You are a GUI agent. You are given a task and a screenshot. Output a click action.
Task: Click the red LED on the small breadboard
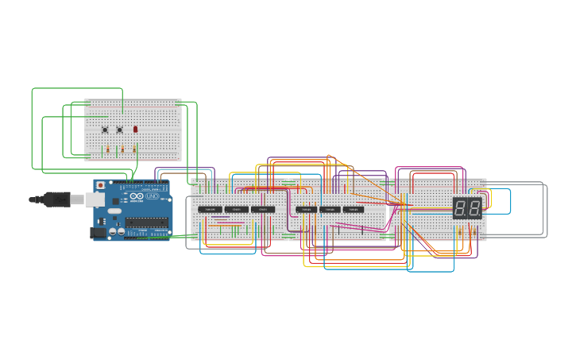pos(136,129)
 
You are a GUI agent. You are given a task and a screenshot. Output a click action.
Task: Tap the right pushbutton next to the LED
pos(120,130)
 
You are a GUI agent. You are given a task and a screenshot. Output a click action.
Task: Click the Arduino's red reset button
pos(100,185)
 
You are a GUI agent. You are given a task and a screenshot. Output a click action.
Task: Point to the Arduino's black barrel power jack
pos(99,232)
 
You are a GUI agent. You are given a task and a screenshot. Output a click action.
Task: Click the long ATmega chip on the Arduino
pos(148,222)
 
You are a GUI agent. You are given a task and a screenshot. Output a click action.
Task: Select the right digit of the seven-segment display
pos(474,208)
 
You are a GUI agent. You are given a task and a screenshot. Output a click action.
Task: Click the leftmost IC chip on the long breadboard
pos(211,209)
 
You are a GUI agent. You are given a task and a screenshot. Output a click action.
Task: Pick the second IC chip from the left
pos(237,209)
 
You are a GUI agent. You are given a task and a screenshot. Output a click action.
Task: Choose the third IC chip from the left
pos(263,209)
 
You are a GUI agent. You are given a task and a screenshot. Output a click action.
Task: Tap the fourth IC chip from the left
pos(306,210)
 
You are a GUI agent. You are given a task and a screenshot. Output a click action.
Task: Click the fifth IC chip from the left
pos(330,210)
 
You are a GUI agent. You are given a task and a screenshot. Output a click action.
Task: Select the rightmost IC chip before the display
pos(354,210)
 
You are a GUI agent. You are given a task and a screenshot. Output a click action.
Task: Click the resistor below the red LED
pos(135,148)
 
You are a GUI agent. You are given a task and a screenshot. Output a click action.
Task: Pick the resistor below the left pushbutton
pos(108,149)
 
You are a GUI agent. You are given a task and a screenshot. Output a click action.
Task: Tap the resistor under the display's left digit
pos(460,230)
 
